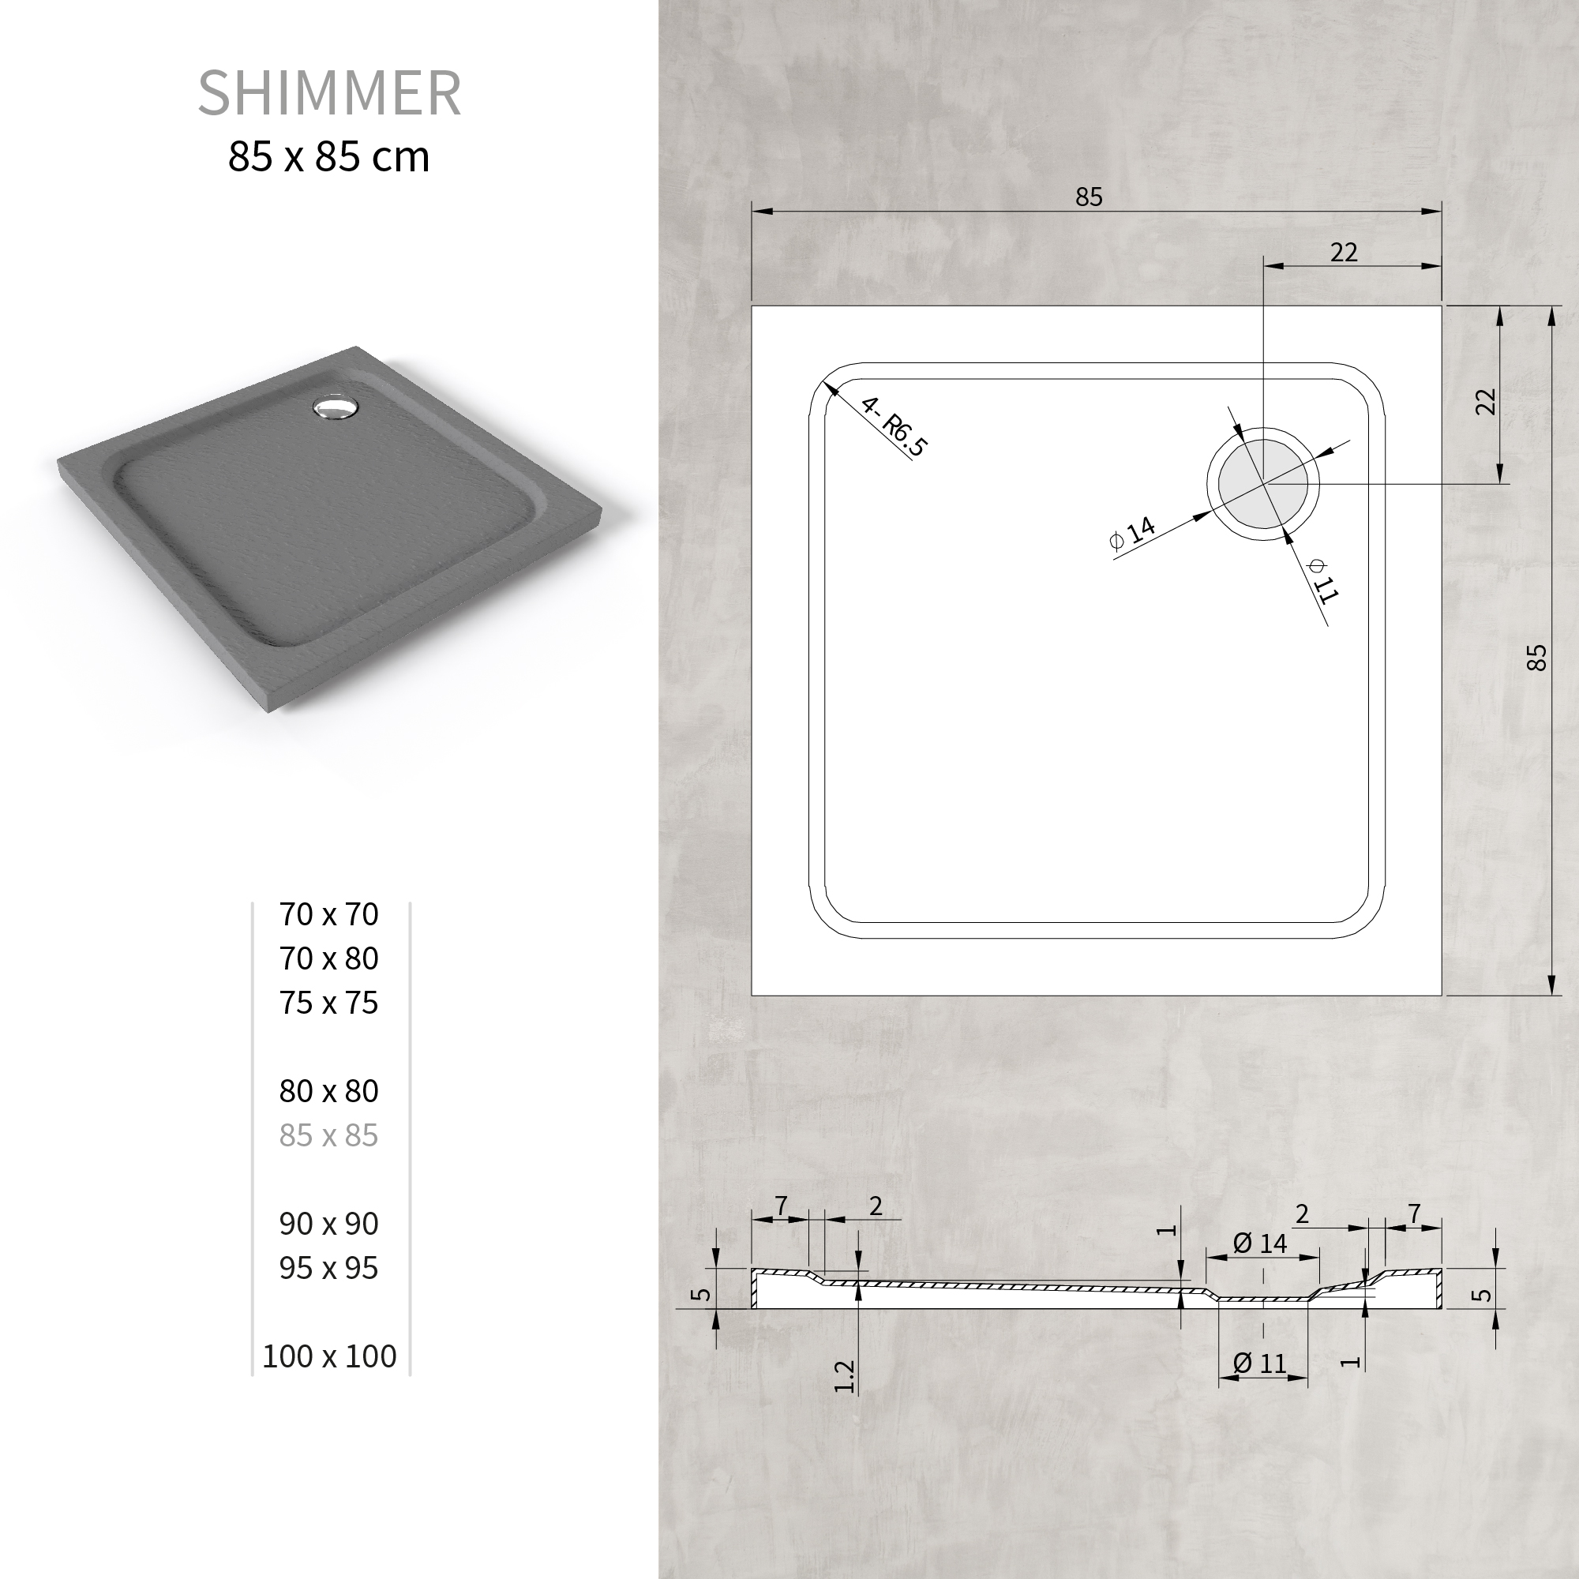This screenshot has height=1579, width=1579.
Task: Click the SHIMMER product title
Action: point(329,92)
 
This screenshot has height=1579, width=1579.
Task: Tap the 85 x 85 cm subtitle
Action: point(328,156)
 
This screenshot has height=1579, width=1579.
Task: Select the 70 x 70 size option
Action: point(328,913)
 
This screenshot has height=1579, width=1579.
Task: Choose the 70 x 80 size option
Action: point(328,958)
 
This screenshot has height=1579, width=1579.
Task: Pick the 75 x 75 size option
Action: point(328,1002)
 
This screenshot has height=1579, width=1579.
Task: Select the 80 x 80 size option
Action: point(328,1090)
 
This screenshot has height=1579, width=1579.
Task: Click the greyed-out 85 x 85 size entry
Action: point(328,1135)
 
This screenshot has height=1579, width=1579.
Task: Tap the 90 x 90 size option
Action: point(328,1223)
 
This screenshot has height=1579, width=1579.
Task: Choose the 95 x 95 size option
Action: point(328,1267)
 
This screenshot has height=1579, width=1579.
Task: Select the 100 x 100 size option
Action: point(329,1356)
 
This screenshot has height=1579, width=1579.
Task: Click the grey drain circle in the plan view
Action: point(1262,483)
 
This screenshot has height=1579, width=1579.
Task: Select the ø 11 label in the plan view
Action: point(1322,580)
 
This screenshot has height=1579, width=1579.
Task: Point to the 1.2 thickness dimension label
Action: point(844,1375)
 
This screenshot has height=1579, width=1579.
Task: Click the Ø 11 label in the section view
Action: point(1259,1363)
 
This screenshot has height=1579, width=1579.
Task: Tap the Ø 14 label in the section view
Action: point(1259,1243)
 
